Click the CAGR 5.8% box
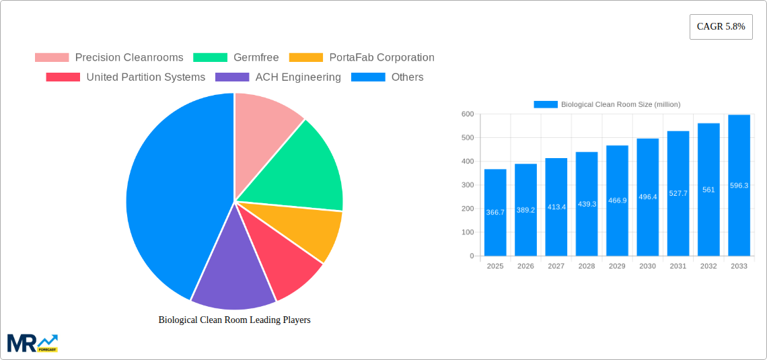click(721, 27)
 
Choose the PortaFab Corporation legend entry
click(362, 58)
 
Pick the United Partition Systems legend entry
click(126, 77)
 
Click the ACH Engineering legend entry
click(278, 77)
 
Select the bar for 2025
click(495, 213)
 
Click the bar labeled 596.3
click(739, 186)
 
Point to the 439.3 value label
click(587, 204)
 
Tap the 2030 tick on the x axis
click(647, 266)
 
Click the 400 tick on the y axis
click(467, 161)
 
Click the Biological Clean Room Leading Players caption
click(234, 320)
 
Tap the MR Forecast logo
click(32, 343)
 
